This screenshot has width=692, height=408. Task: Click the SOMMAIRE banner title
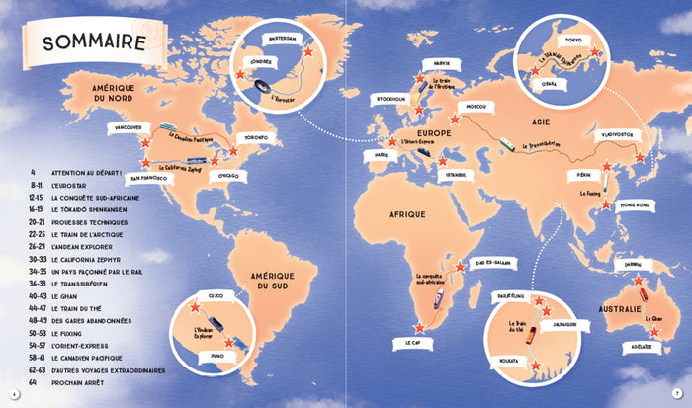click(x=87, y=41)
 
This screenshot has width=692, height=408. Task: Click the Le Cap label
click(x=408, y=343)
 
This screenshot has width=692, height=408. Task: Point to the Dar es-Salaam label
click(x=487, y=263)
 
